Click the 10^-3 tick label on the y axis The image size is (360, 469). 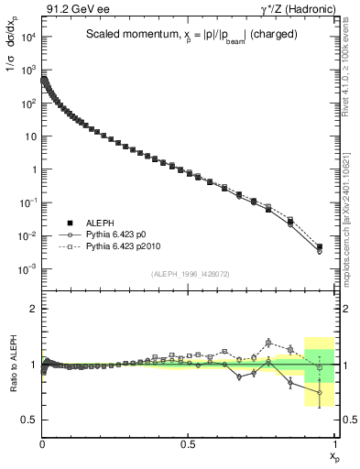click(x=27, y=269)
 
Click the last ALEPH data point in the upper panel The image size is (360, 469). click(x=320, y=246)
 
